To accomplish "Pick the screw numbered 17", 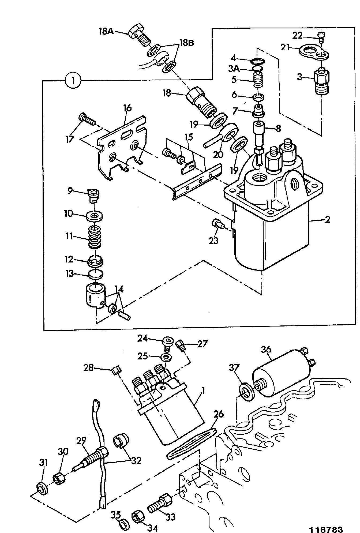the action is [x=87, y=119].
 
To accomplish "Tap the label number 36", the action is [x=266, y=349].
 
